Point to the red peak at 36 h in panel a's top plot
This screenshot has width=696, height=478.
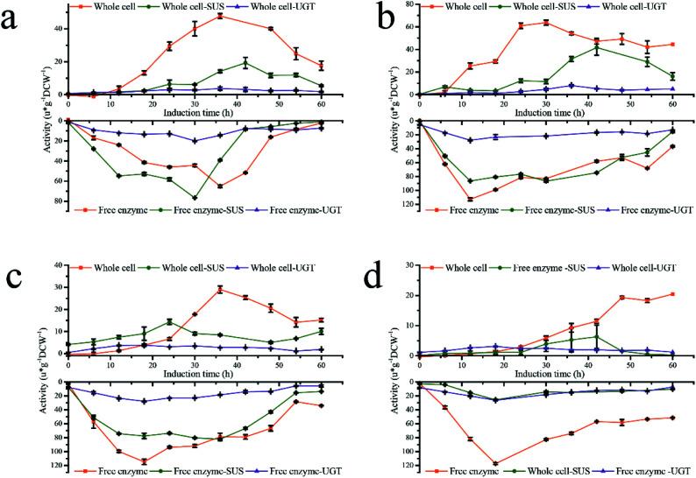(x=219, y=16)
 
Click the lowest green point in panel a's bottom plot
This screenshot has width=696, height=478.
(x=194, y=198)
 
